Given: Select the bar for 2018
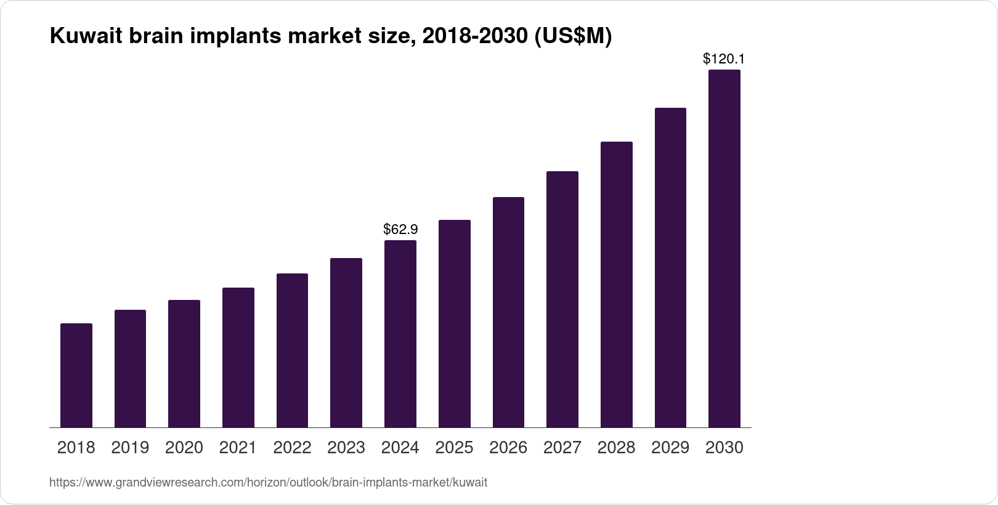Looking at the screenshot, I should tap(76, 375).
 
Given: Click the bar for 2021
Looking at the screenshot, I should tap(238, 357).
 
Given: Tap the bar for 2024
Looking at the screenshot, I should tap(400, 334).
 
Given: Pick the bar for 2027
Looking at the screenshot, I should tap(562, 299).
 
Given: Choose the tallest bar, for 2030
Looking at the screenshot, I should tap(724, 249).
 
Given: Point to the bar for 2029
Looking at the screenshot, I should tap(670, 268).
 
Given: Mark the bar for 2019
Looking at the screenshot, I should tap(130, 368).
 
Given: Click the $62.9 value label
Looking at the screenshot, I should tap(400, 230).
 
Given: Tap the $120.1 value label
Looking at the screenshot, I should tap(724, 59).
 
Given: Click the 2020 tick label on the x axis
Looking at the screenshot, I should tap(184, 448).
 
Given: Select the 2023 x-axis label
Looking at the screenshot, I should tap(346, 448).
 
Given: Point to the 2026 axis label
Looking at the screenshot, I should tap(508, 448).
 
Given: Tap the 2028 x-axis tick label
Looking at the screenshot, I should tap(616, 448).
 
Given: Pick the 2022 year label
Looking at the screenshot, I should tap(292, 448).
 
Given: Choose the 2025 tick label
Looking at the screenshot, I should tap(454, 448).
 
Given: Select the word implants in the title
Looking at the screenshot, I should tap(240, 36).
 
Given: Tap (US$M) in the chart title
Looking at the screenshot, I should tap(573, 36).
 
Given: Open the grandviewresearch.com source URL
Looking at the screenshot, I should tap(268, 483).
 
